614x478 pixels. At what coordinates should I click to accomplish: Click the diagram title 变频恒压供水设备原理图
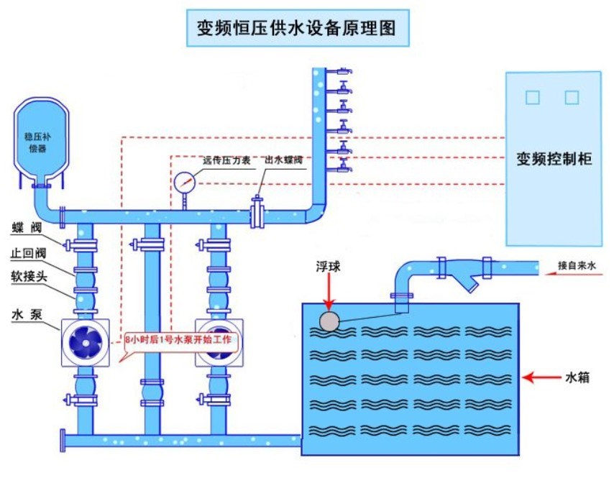click(296, 28)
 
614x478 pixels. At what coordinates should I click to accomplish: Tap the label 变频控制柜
click(554, 159)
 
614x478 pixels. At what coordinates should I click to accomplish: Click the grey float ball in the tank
click(329, 321)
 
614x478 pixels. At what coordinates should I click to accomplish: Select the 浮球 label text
click(328, 267)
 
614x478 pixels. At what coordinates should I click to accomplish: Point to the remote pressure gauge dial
click(185, 183)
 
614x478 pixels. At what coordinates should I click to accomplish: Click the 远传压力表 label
click(226, 160)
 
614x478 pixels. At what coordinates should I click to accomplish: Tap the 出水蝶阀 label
click(284, 160)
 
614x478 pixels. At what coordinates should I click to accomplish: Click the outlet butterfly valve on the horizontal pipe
click(257, 213)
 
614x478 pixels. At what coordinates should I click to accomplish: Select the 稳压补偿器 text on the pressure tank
click(37, 142)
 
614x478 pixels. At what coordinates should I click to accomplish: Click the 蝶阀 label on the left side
click(27, 227)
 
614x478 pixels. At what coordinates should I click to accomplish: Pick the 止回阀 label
click(28, 253)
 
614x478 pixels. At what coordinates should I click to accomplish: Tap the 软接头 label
click(29, 277)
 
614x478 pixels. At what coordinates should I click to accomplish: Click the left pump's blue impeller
click(86, 343)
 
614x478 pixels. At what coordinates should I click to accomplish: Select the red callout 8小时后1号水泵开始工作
click(178, 339)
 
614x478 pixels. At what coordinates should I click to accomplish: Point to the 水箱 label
click(577, 377)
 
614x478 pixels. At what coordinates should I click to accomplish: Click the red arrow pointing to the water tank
click(541, 377)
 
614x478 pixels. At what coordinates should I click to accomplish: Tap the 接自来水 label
click(577, 266)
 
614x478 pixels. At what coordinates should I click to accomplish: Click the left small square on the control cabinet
click(533, 98)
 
